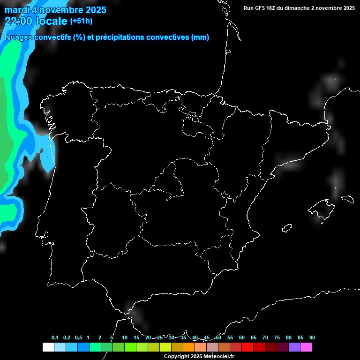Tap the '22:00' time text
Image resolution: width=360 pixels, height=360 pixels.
pos(19,21)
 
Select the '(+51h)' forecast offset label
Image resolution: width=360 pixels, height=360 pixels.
pos(81,21)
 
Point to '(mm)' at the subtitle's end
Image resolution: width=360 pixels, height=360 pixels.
pos(200,37)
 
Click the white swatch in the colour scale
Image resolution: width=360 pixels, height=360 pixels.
pos(48,347)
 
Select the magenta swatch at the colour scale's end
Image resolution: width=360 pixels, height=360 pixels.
pos(306,347)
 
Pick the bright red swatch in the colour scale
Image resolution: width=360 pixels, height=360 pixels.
pos(247,347)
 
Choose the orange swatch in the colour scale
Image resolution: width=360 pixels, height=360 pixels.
pos(189,347)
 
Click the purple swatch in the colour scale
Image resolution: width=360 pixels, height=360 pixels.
pos(294,347)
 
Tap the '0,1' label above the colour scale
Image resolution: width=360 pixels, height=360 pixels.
pos(55,338)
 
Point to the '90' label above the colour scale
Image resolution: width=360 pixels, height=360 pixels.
pos(312,338)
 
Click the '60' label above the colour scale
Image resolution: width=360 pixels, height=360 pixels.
pos(242,338)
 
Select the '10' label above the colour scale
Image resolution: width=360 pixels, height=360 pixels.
pos(125,338)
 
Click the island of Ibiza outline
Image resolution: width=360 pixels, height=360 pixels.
pos(287,228)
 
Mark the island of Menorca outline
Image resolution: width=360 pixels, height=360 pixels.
pos(347,199)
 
